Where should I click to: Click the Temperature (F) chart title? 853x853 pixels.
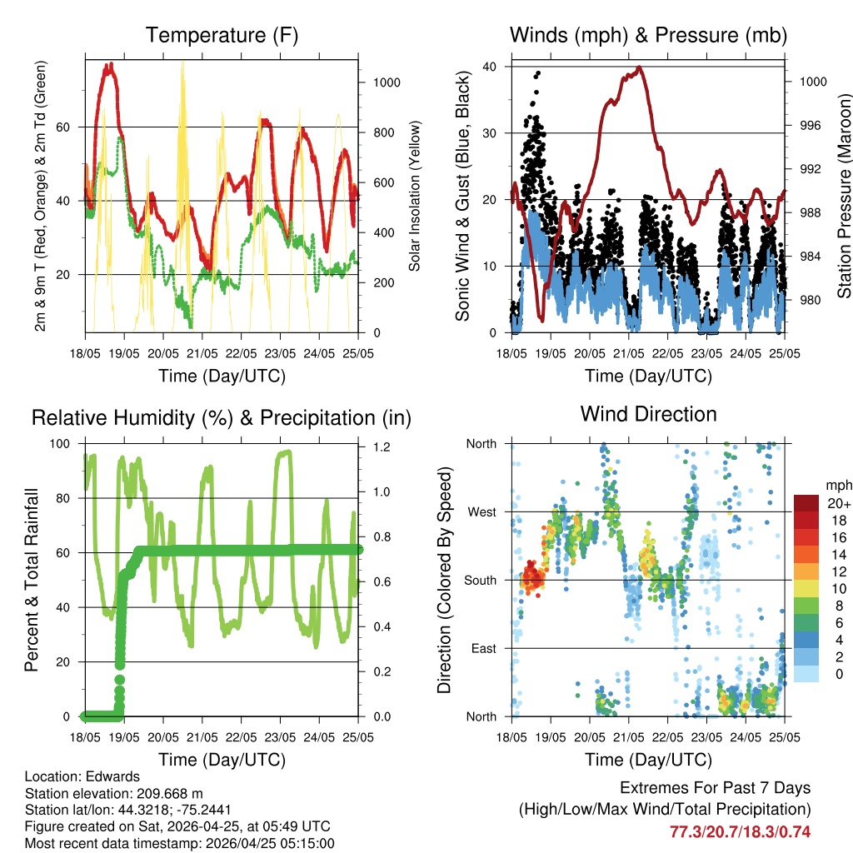(x=222, y=35)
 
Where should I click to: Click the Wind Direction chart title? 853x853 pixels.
(x=648, y=413)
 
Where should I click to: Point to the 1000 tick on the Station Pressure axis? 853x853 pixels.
(x=812, y=82)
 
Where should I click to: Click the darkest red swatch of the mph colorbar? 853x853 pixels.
(x=806, y=504)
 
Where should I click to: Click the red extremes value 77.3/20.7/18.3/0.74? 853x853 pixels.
(x=740, y=831)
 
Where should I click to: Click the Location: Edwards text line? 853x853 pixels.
(x=77, y=776)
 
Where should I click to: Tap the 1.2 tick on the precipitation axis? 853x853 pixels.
(x=380, y=446)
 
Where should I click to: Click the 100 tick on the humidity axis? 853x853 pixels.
(x=62, y=443)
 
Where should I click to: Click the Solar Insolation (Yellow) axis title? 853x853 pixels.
(x=414, y=196)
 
